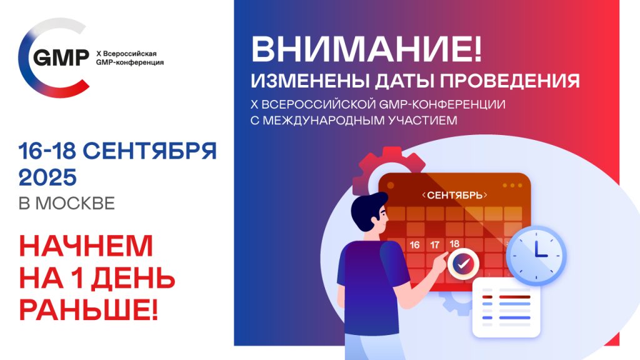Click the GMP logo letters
(x=61, y=57)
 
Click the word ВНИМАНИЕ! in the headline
(x=366, y=49)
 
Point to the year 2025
(x=47, y=177)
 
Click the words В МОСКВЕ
(x=67, y=203)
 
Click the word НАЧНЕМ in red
(x=86, y=246)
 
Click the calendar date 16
(x=415, y=245)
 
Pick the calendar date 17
(x=435, y=245)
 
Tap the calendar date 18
(x=454, y=244)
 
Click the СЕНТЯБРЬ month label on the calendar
(x=455, y=195)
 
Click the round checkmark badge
(x=463, y=264)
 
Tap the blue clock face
(x=536, y=256)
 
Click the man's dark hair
(x=366, y=208)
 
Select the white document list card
(x=506, y=308)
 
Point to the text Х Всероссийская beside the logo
(x=126, y=54)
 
